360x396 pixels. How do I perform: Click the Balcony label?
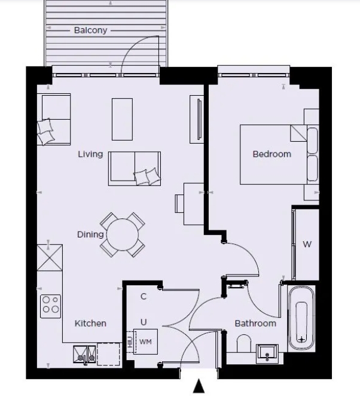tap(90, 30)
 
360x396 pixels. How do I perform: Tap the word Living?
tap(90, 154)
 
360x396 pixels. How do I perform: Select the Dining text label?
tap(90, 234)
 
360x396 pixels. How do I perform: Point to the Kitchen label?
tap(90, 323)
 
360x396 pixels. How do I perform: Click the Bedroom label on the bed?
tap(271, 154)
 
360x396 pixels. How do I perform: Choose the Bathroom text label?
tap(255, 323)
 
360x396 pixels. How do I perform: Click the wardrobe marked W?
tap(307, 244)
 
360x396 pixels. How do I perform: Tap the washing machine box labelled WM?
tap(145, 342)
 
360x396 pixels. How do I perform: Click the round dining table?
tap(123, 234)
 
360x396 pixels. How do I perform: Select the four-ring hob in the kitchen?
tap(50, 306)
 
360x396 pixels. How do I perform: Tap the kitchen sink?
tap(84, 355)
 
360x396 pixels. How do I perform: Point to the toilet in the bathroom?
tap(243, 344)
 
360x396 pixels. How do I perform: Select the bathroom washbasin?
tap(267, 354)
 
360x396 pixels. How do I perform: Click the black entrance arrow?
tap(199, 387)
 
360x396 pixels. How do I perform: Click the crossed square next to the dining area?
tap(50, 258)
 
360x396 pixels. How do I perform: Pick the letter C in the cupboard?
tap(144, 296)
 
